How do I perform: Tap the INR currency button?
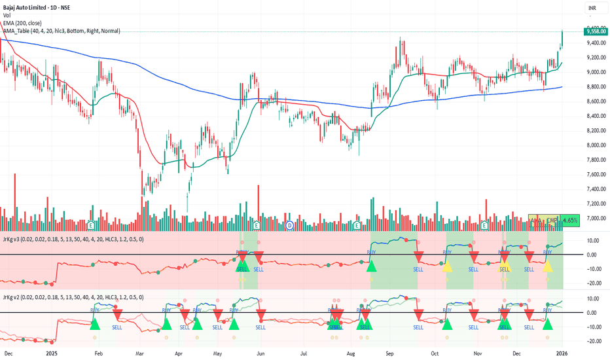pyautogui.click(x=592, y=8)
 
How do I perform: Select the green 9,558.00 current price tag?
pyautogui.click(x=594, y=31)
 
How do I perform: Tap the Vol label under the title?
pyautogui.click(x=7, y=16)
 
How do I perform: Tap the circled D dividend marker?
pyautogui.click(x=289, y=225)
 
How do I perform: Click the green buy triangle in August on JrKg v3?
pyautogui.click(x=372, y=266)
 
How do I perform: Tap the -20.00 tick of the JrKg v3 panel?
pyautogui.click(x=592, y=283)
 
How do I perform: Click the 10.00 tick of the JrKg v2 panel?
pyautogui.click(x=592, y=298)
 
